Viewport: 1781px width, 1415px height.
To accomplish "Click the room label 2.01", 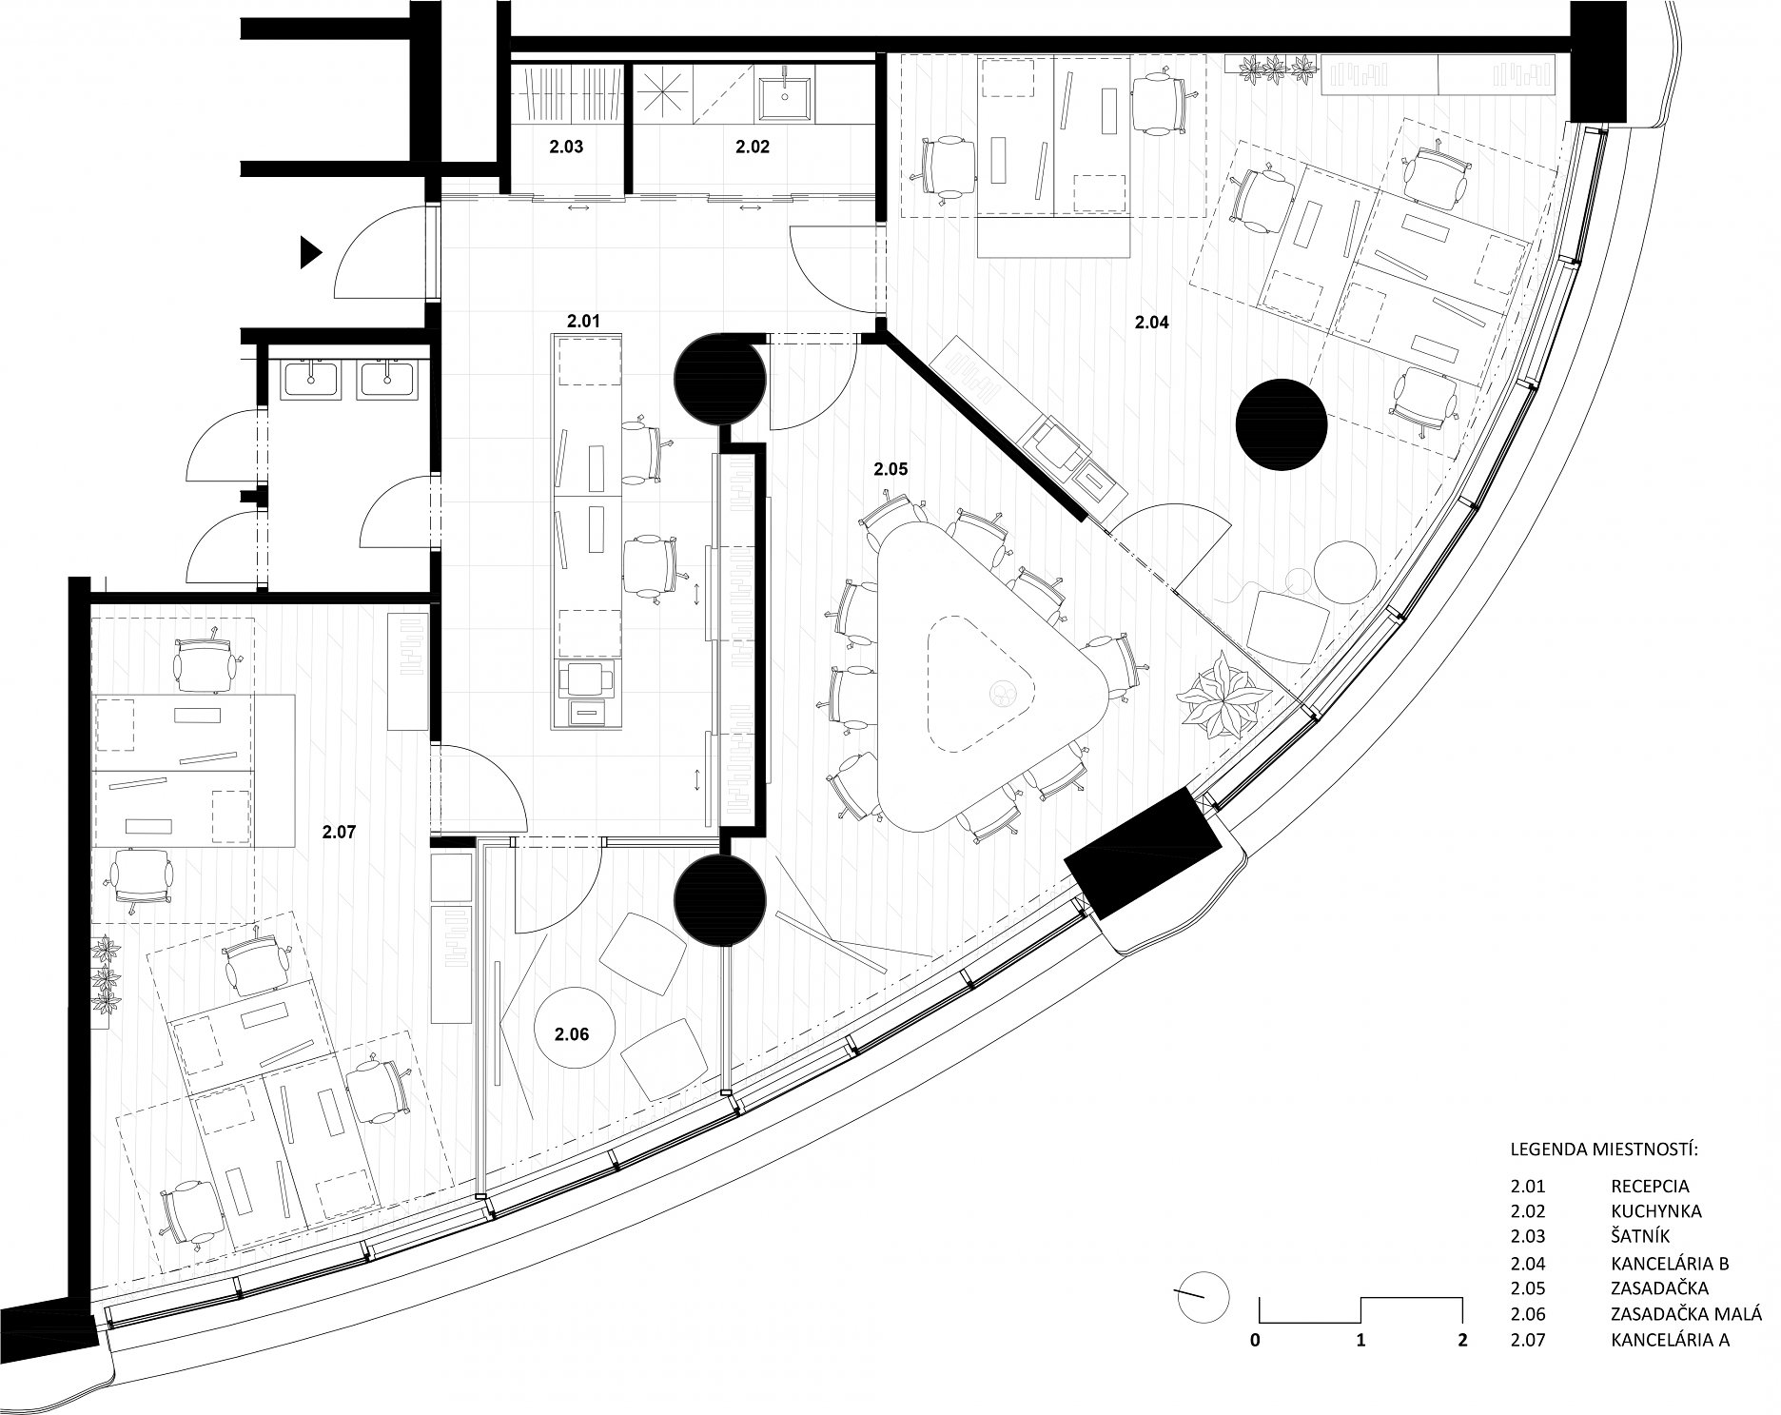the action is point(583,322).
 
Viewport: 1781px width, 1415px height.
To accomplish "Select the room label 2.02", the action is point(753,147).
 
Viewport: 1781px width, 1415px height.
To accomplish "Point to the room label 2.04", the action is point(1151,323).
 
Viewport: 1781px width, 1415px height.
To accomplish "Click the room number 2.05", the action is point(890,469).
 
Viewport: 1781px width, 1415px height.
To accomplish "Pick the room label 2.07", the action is point(339,832).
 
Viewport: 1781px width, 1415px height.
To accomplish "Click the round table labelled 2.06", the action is point(574,1033).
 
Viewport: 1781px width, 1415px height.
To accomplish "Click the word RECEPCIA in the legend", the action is point(1651,1187).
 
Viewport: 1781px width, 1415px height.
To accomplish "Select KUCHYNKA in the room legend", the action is point(1656,1212).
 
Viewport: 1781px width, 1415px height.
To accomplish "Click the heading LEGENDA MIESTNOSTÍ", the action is point(1604,1150).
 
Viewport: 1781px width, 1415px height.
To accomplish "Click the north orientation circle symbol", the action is point(1204,1298).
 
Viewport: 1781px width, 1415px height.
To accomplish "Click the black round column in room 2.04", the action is point(1281,424).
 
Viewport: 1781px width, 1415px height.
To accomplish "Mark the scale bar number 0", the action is point(1257,1341).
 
